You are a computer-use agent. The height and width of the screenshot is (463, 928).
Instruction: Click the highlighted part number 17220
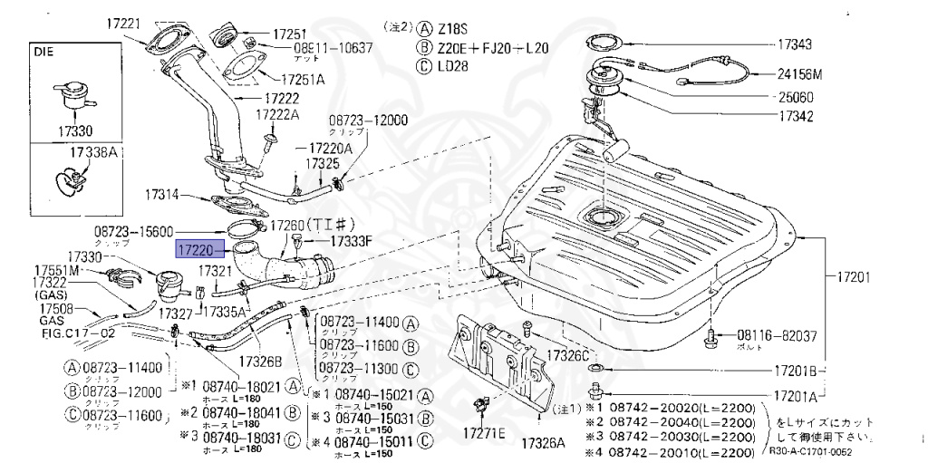pyautogui.click(x=194, y=246)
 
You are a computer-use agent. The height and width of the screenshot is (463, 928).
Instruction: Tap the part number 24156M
pyautogui.click(x=798, y=74)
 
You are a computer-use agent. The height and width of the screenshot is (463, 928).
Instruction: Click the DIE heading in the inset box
pyautogui.click(x=44, y=53)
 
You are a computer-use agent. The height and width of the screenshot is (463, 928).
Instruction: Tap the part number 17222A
pyautogui.click(x=276, y=114)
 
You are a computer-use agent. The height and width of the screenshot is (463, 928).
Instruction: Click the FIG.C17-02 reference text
pyautogui.click(x=64, y=333)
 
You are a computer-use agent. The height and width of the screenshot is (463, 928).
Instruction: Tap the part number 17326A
pyautogui.click(x=542, y=442)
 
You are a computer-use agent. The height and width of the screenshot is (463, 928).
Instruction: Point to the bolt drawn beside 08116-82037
pyautogui.click(x=711, y=337)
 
